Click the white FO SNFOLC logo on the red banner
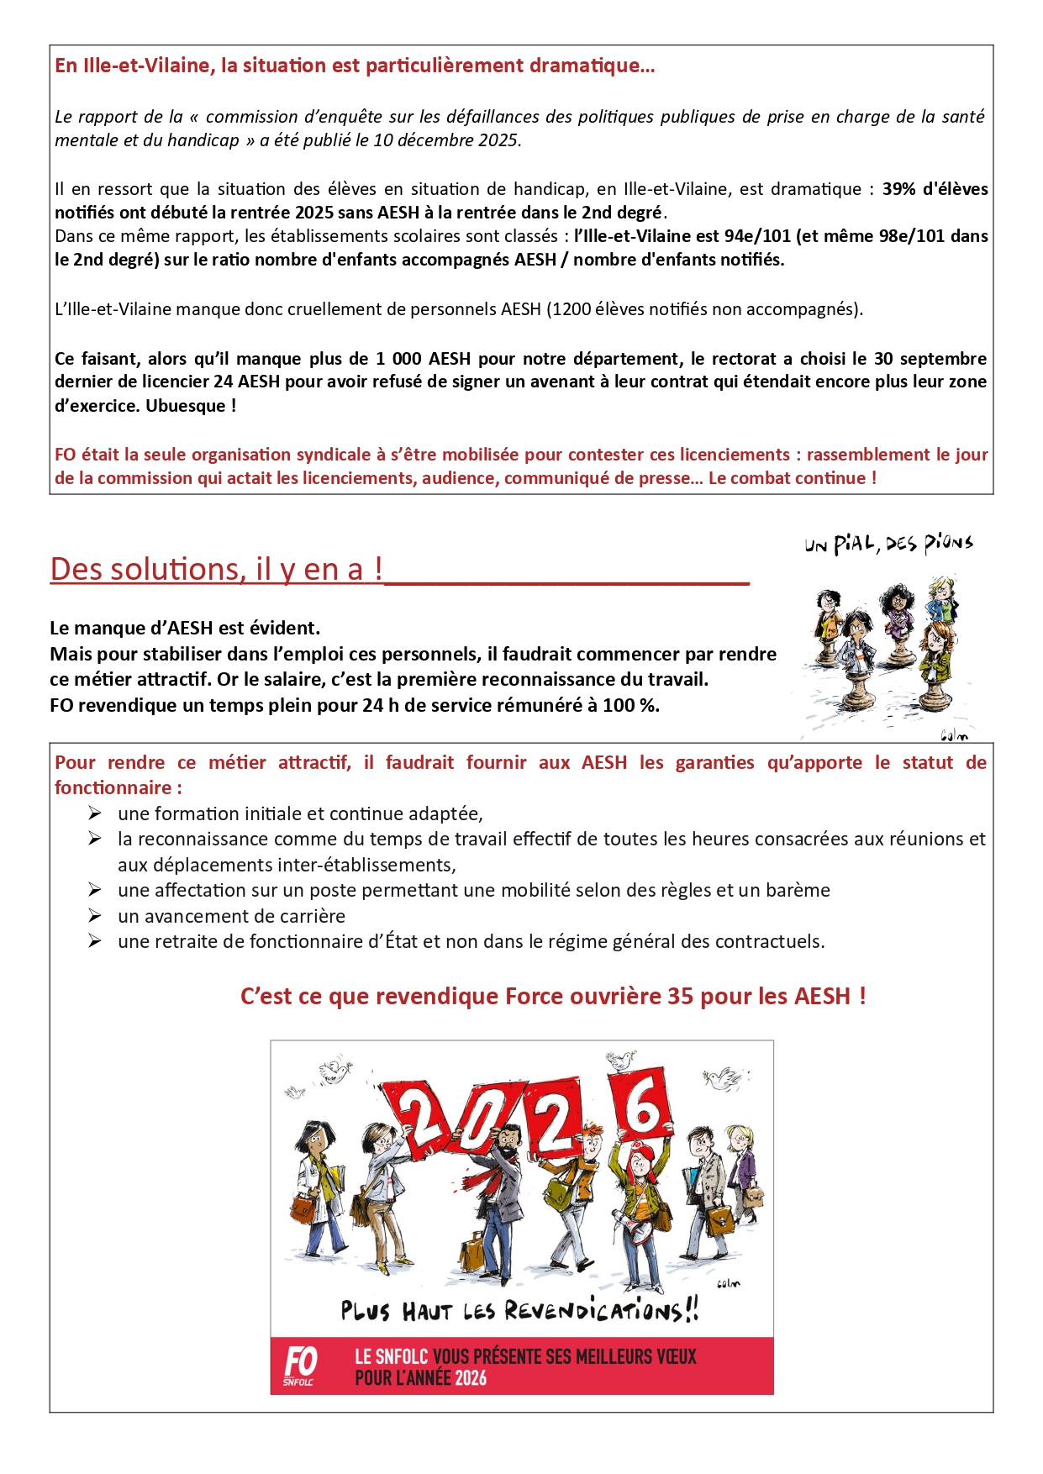click(299, 1366)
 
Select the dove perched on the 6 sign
click(620, 1060)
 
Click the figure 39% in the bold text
click(899, 189)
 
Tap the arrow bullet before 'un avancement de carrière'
click(95, 915)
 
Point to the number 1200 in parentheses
click(572, 308)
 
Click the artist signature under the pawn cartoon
click(954, 736)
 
